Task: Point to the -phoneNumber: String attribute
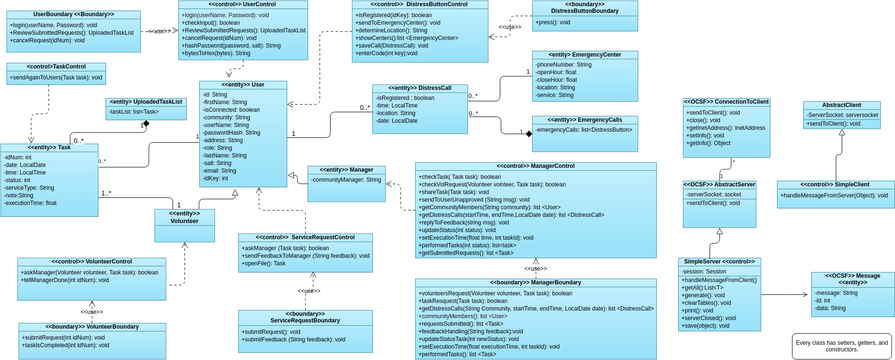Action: pos(564,64)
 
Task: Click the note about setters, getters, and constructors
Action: pos(840,346)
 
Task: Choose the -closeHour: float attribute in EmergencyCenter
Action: pos(562,81)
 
